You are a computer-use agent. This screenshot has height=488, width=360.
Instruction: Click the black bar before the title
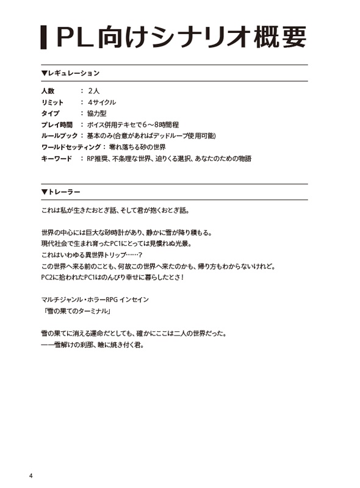pos(43,38)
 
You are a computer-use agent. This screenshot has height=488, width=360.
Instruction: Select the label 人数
pos(48,91)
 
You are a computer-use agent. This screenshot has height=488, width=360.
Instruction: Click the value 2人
pos(95,91)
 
